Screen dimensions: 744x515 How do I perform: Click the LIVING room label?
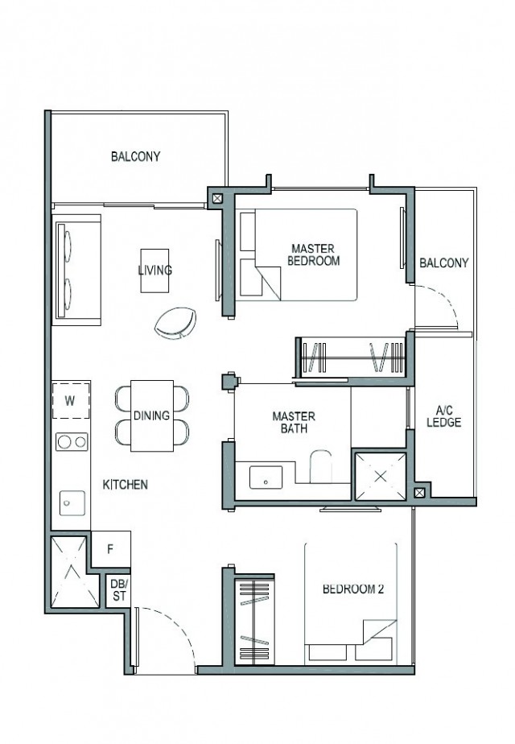click(x=154, y=271)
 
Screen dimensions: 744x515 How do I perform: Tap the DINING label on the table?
click(x=151, y=416)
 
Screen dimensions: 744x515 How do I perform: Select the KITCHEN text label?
click(x=125, y=485)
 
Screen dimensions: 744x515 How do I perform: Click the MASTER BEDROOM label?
click(x=313, y=255)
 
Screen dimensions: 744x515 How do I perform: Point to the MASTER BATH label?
click(x=293, y=423)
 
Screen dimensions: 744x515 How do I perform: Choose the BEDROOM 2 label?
click(x=353, y=589)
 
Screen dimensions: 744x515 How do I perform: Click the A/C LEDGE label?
click(x=443, y=416)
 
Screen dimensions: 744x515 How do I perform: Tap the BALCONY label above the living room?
click(x=135, y=156)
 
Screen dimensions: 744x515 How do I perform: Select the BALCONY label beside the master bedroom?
click(x=443, y=263)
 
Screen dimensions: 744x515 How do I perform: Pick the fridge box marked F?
click(x=110, y=552)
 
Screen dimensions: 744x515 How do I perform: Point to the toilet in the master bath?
click(x=321, y=469)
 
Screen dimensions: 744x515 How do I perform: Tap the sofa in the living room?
click(x=76, y=269)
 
